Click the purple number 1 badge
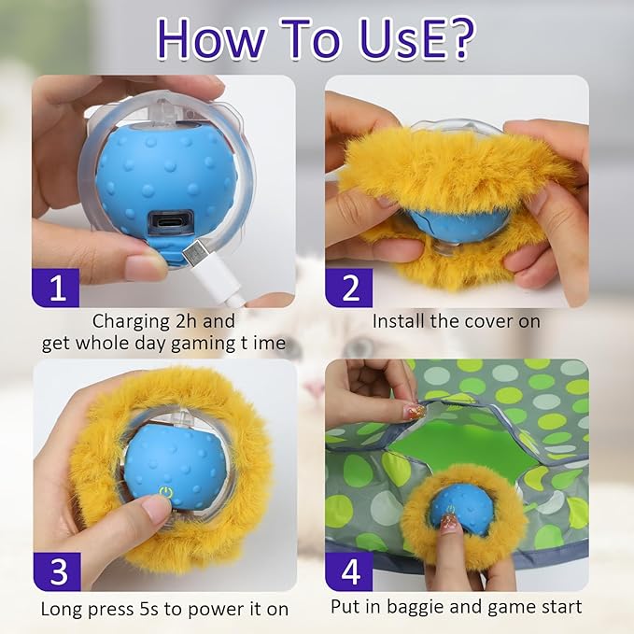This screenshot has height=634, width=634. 58,286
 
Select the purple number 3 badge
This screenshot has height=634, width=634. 58,571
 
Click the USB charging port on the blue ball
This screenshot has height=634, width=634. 169,225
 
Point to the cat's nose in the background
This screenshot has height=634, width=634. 316,387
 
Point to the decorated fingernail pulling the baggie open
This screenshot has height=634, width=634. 414,410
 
